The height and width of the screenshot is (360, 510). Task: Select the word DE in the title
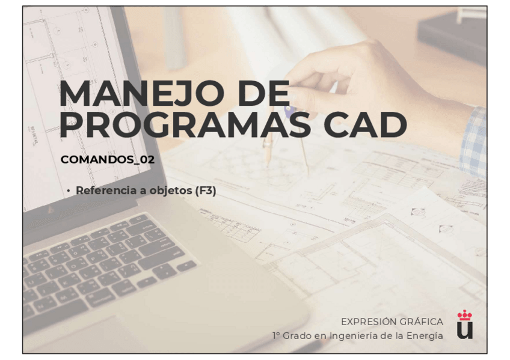click(x=263, y=93)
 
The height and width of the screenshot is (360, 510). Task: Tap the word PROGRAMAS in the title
click(x=185, y=125)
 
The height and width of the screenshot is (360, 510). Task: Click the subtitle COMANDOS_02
click(x=108, y=159)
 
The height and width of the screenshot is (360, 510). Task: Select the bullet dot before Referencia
click(x=69, y=191)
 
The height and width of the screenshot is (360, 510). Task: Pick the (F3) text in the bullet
click(x=206, y=191)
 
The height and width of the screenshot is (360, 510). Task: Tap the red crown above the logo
click(x=465, y=315)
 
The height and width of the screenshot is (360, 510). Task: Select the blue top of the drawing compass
click(x=288, y=110)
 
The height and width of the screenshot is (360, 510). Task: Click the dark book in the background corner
click(x=452, y=35)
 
